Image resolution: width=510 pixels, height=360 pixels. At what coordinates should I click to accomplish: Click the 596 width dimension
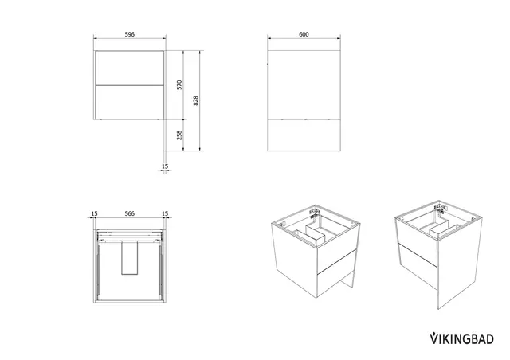coord(129,34)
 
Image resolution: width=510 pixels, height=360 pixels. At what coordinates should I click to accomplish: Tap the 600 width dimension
coord(304,34)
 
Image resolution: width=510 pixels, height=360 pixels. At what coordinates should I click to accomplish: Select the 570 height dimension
coord(179,85)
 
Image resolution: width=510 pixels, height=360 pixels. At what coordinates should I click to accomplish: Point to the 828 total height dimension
coord(195,100)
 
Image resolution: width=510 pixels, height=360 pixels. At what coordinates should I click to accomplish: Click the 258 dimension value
coord(179,135)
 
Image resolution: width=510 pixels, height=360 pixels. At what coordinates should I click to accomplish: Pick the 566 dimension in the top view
coord(129,213)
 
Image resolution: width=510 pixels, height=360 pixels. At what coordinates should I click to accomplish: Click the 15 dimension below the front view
coord(165,166)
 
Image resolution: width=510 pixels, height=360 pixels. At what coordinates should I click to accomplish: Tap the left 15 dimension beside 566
coord(94,213)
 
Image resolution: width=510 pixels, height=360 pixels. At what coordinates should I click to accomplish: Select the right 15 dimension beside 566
coord(165,213)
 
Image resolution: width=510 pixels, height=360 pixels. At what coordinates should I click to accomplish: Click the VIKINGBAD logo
coord(462,338)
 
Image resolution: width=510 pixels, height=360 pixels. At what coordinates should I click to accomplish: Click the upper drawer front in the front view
coord(129,68)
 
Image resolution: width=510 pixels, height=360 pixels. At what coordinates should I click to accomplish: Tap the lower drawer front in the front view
coord(129,103)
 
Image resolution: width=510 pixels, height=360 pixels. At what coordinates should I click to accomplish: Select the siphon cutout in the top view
coord(130,257)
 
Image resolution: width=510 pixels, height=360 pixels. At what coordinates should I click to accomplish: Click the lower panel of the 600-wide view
coord(304,135)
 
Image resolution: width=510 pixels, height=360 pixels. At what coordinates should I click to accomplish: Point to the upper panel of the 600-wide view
coord(304,85)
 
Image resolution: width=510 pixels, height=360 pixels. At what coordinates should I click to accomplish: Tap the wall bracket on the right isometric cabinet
coord(441,208)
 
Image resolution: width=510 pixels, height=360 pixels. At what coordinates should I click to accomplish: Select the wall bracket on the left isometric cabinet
coord(315,213)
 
